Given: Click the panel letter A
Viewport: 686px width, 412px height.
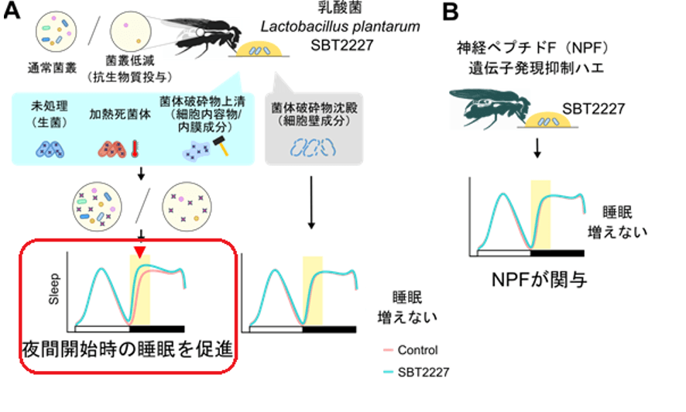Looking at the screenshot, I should (x=12, y=12).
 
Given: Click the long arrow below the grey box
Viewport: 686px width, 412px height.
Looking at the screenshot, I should (x=311, y=201).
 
